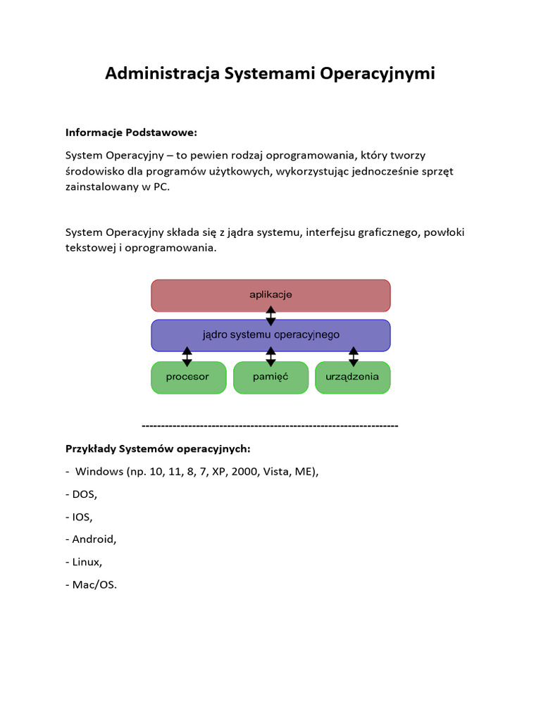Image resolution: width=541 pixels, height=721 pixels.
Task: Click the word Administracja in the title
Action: tap(162, 74)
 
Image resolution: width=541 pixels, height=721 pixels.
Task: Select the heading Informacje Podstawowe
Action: tap(132, 132)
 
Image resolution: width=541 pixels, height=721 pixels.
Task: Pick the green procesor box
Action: tap(188, 377)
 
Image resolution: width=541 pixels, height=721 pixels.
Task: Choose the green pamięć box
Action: tap(270, 377)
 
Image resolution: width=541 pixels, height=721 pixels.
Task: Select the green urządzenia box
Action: tap(352, 377)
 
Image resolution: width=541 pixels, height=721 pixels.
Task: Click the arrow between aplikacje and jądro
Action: tap(270, 315)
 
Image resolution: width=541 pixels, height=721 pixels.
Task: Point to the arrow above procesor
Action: tap(187, 356)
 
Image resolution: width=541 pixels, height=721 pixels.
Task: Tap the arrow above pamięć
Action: tap(270, 356)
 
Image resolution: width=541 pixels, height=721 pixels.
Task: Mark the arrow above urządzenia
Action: tap(354, 356)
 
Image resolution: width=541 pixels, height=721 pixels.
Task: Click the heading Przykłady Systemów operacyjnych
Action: tap(158, 449)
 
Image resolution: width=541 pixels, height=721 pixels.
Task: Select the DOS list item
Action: tap(85, 494)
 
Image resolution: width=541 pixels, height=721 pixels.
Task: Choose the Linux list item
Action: tap(87, 562)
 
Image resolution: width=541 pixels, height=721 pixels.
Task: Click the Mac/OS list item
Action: tap(94, 584)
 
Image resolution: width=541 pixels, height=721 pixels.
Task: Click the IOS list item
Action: tap(82, 517)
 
